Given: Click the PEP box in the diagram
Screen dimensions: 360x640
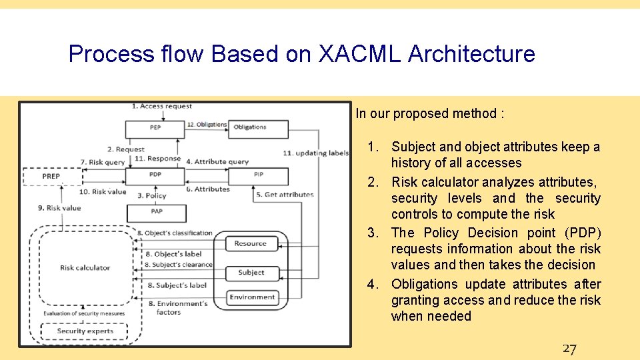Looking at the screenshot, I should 155,128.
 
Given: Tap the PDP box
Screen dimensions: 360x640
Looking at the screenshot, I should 155,176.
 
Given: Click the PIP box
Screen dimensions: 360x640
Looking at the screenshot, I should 259,175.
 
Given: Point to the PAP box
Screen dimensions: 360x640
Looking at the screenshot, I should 156,213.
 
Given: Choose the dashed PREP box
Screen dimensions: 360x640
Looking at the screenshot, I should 52,177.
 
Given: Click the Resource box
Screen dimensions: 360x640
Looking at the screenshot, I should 251,244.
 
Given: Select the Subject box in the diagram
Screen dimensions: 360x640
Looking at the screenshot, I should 251,273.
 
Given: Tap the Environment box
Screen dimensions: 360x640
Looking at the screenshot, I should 252,297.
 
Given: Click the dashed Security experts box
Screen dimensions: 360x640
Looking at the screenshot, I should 85,331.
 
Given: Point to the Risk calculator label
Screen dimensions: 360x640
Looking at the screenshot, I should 85,268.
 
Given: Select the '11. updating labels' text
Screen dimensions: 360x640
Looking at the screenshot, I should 315,153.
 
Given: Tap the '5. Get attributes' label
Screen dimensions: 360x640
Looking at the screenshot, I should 285,195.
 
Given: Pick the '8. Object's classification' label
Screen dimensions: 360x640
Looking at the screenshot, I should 175,233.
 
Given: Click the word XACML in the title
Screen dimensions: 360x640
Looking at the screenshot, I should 360,54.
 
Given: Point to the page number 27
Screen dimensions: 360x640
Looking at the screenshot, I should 569,349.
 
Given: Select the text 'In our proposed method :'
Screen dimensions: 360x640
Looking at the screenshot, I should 429,113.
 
